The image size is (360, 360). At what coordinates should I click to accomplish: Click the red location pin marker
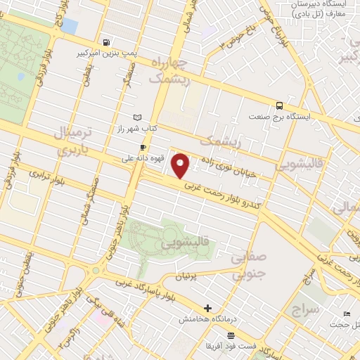coord(180,165)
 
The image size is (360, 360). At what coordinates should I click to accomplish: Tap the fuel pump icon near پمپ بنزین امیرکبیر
coord(105,41)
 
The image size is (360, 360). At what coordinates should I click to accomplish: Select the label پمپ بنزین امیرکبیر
coord(105,52)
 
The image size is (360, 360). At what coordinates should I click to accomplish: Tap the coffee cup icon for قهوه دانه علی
coord(143,147)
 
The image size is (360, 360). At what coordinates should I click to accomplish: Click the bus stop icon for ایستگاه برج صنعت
coord(281,103)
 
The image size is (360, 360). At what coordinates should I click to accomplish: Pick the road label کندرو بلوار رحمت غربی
coord(224,197)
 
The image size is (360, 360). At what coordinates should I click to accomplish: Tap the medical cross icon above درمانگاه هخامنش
coord(207,308)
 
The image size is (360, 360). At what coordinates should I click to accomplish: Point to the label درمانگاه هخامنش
coord(207,319)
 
